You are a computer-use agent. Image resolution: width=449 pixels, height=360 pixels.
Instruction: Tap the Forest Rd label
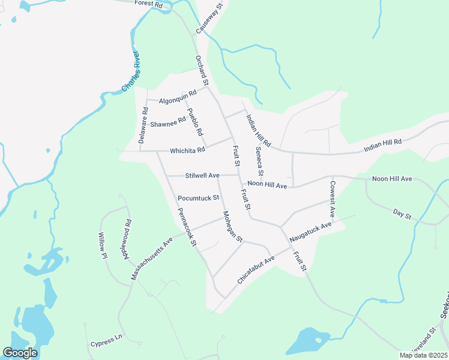pyautogui.click(x=149, y=4)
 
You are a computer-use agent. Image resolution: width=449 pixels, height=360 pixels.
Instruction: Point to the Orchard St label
pyautogui.click(x=201, y=70)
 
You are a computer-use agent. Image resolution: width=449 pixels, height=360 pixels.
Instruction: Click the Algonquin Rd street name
pyautogui.click(x=178, y=97)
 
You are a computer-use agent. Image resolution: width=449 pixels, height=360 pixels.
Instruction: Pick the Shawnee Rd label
pyautogui.click(x=168, y=123)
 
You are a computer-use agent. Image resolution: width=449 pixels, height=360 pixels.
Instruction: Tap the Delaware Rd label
pyautogui.click(x=143, y=125)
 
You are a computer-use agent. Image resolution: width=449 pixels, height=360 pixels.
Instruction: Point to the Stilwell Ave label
pyautogui.click(x=202, y=175)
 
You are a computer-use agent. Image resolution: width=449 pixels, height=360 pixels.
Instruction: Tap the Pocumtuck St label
pyautogui.click(x=199, y=197)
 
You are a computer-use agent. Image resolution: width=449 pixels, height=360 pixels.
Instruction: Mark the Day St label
pyautogui.click(x=402, y=214)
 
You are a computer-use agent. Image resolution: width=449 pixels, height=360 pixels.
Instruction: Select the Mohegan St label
pyautogui.click(x=232, y=226)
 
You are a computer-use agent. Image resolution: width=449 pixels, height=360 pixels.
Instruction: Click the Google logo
pyautogui.click(x=20, y=353)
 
